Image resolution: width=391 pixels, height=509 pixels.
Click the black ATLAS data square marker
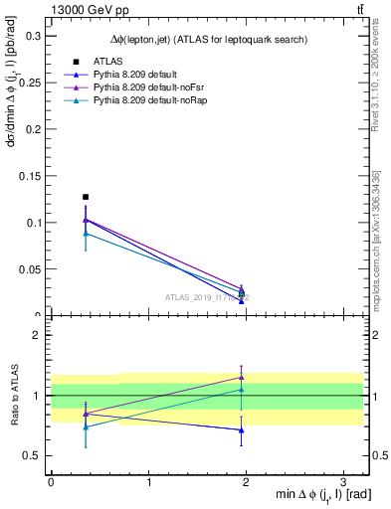pyautogui.click(x=86, y=197)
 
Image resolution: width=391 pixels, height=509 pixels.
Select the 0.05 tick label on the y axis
pyautogui.click(x=29, y=269)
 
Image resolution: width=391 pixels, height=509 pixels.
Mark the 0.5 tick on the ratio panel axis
pyautogui.click(x=32, y=456)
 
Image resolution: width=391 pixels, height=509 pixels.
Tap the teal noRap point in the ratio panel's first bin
pyautogui.click(x=86, y=426)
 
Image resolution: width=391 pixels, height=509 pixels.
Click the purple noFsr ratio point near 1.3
pyautogui.click(x=241, y=377)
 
